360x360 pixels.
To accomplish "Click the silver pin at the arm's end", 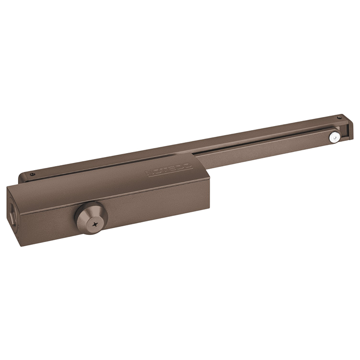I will point(334,137).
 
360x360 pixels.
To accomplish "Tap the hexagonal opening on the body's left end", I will point(11,210).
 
